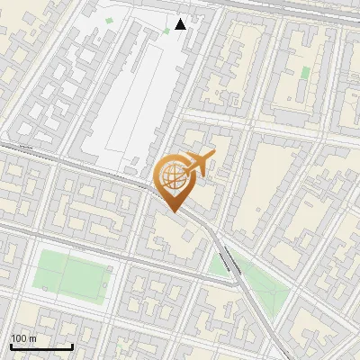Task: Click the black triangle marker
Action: coord(181,24)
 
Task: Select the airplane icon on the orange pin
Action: coord(199,164)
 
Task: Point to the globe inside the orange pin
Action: coord(173,178)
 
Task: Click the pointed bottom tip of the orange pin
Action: coord(173,212)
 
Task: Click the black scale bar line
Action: coord(41,346)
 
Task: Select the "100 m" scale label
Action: coord(22,337)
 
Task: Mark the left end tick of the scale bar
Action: coord(11,345)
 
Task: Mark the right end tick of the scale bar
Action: coord(72,345)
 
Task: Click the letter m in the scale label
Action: coord(31,337)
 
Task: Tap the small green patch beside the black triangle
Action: coord(166,31)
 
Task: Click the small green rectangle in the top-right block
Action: coord(305,72)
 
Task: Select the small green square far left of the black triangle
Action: coord(110,21)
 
